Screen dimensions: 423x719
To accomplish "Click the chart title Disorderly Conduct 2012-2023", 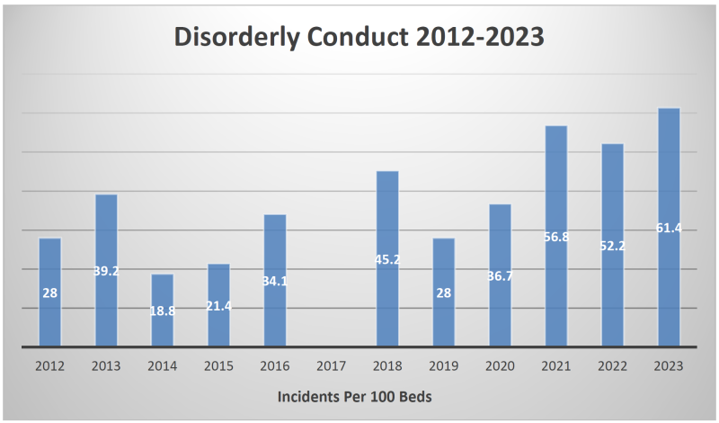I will point(359,39).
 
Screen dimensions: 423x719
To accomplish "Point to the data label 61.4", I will point(668,229).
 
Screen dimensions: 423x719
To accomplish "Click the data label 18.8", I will point(162,310).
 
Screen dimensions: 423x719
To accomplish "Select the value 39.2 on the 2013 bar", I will point(106,271).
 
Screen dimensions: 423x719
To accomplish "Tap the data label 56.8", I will point(555,238).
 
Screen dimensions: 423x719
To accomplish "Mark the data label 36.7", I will point(500,275).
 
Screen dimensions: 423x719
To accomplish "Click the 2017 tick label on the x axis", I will point(331,366).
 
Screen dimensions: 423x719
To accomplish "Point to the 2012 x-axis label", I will point(49,366).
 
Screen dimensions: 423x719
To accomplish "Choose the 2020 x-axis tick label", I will point(500,366).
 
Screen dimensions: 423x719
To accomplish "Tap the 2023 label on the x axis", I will point(668,366).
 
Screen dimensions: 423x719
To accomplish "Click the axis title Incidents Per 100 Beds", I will point(359,397).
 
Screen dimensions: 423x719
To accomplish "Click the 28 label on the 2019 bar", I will point(443,293).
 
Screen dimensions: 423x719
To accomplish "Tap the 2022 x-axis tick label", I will point(612,366).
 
